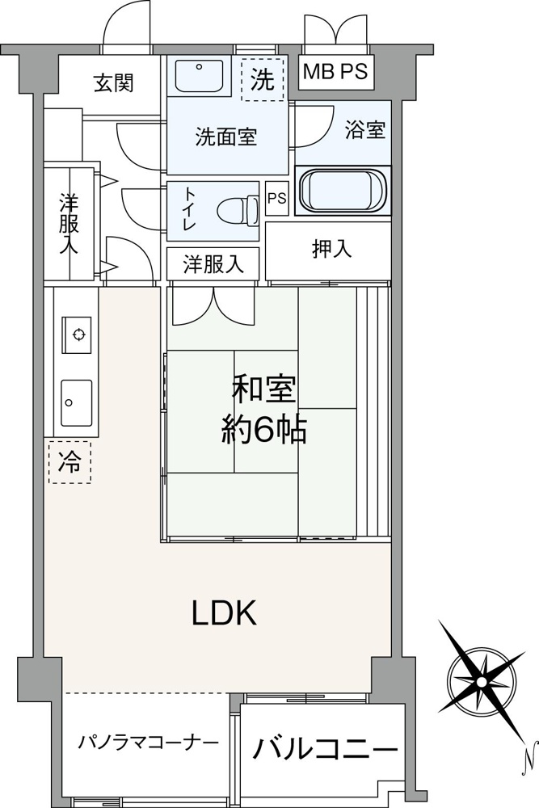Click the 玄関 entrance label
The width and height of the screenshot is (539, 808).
pyautogui.click(x=114, y=82)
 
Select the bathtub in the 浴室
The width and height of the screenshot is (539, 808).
pyautogui.click(x=343, y=190)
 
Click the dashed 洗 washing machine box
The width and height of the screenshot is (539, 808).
pyautogui.click(x=263, y=79)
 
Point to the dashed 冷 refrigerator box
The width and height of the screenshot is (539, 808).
pyautogui.click(x=69, y=461)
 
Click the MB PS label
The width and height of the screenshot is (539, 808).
pyautogui.click(x=335, y=71)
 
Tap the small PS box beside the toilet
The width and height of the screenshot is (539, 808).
pyautogui.click(x=276, y=199)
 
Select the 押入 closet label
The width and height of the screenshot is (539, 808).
pyautogui.click(x=332, y=249)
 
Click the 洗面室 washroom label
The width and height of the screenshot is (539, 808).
pyautogui.click(x=226, y=137)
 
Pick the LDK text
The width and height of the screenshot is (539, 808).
pyautogui.click(x=224, y=613)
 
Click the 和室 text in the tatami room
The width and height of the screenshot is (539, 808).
pyautogui.click(x=263, y=389)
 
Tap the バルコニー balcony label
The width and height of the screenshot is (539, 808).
pyautogui.click(x=325, y=749)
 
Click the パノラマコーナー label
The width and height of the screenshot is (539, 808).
pyautogui.click(x=149, y=743)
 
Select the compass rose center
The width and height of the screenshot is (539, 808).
pyautogui.click(x=482, y=682)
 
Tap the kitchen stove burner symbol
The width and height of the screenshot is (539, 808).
pyautogui.click(x=78, y=335)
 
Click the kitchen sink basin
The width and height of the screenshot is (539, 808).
pyautogui.click(x=77, y=403)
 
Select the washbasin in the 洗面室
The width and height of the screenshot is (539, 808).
pyautogui.click(x=199, y=76)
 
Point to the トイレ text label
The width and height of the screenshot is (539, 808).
pyautogui.click(x=188, y=211)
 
